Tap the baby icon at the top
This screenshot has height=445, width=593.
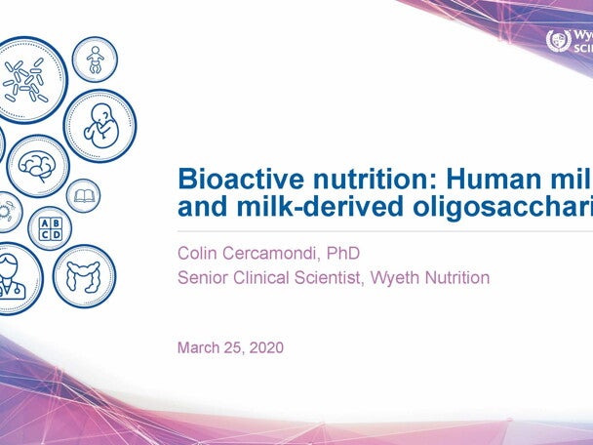point(95,60)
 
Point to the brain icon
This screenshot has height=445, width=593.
point(38,165)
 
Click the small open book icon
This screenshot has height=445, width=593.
point(83,195)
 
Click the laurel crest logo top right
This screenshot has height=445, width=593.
point(557,41)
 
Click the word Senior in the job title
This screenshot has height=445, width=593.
point(203,278)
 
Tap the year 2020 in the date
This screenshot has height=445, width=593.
point(264,346)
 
